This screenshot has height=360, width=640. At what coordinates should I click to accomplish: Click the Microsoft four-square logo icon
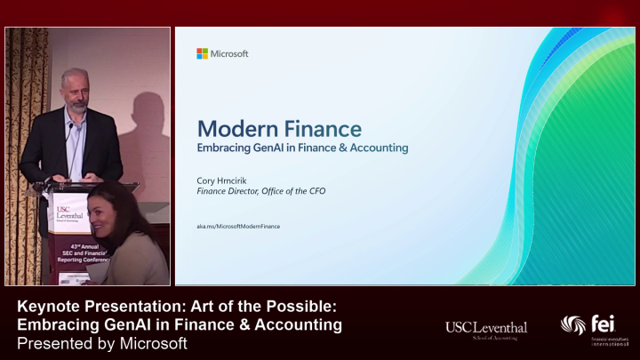coord(202,53)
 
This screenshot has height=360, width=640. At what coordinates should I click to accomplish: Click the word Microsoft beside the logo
coord(228,53)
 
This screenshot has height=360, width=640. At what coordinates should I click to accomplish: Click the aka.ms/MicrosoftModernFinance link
coord(238,227)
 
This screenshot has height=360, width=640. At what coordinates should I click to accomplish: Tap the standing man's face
coord(74,91)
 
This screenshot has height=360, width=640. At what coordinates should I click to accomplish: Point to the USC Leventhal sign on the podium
coord(68,215)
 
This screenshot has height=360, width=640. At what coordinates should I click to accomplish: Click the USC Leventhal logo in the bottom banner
coord(486,331)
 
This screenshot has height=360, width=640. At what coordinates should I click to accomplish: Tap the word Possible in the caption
coord(300,307)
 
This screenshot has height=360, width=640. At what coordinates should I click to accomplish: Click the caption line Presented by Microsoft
coord(102,343)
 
